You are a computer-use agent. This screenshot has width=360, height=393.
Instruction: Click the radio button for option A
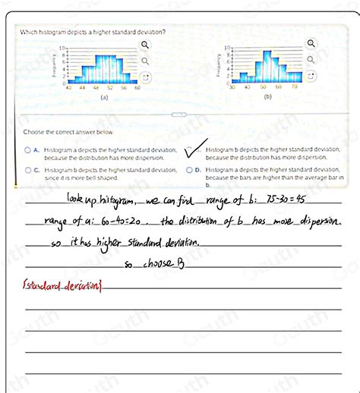(27, 150)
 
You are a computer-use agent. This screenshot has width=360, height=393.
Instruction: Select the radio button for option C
(27, 171)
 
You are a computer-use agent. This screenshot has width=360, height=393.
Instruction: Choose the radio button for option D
(189, 171)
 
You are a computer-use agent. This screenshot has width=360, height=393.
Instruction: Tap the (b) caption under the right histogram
(267, 98)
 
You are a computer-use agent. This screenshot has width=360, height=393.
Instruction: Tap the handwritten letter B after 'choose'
(182, 263)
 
